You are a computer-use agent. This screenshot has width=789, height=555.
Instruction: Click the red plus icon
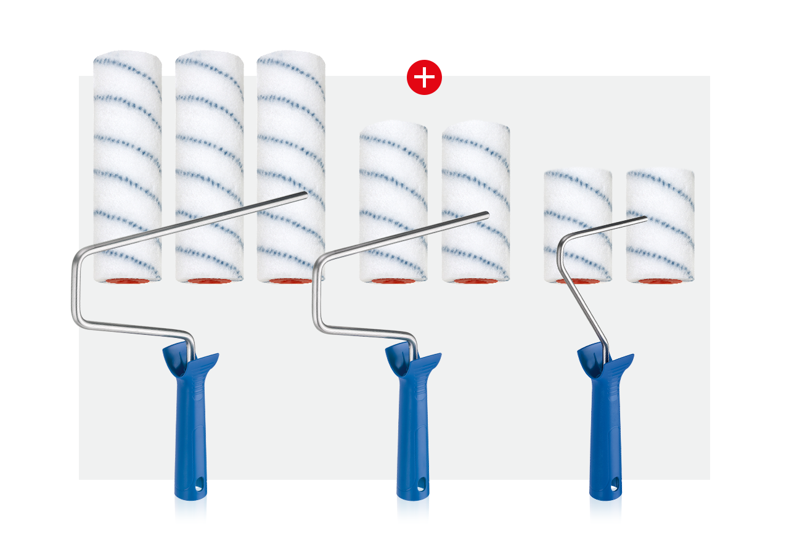point(424,77)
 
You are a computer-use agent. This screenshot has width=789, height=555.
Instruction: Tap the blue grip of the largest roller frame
point(190,419)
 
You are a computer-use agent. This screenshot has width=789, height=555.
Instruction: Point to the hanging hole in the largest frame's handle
point(192,487)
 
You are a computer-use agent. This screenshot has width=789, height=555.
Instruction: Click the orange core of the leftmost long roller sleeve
point(128,281)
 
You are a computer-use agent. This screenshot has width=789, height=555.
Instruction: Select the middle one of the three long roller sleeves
point(210,154)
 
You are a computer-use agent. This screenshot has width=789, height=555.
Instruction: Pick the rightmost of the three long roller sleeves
point(291,136)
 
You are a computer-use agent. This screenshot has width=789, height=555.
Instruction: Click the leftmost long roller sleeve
point(128,154)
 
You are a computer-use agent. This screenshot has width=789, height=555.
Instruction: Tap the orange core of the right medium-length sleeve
point(475,281)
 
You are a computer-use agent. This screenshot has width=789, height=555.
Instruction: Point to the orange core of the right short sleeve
point(660,281)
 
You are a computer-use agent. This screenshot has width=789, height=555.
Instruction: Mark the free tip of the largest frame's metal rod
point(305,195)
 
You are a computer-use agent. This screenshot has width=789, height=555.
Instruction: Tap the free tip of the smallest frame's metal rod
point(645,218)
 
